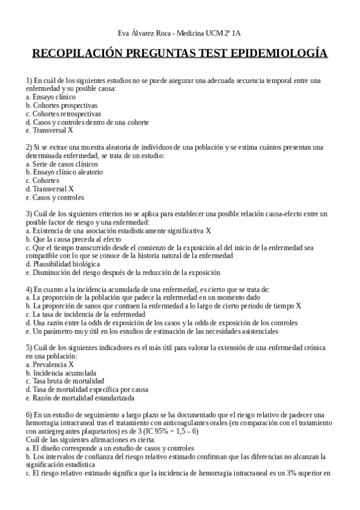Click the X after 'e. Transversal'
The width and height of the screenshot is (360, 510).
[x=70, y=130]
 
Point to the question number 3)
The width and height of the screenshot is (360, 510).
[x=29, y=214]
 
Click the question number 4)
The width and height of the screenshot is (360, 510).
[x=29, y=289]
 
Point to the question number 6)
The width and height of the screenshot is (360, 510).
[x=29, y=414]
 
